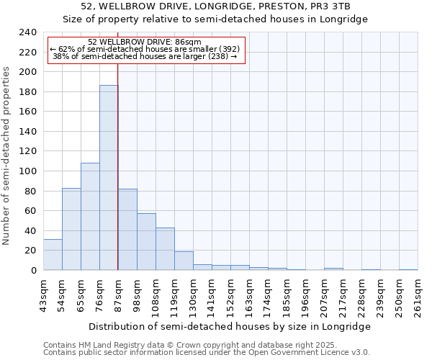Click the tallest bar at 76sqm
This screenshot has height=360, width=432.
pos(109,178)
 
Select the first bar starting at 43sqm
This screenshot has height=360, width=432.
pos(53,255)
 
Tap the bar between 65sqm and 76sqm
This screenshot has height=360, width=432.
pos(90,217)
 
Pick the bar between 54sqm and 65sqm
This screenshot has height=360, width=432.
pos(71,229)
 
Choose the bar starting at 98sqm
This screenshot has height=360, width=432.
pos(146,242)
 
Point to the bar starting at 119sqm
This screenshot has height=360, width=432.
pos(184,261)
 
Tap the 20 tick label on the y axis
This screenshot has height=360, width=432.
pos(30,251)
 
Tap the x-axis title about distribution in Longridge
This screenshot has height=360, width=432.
pos(230,326)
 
